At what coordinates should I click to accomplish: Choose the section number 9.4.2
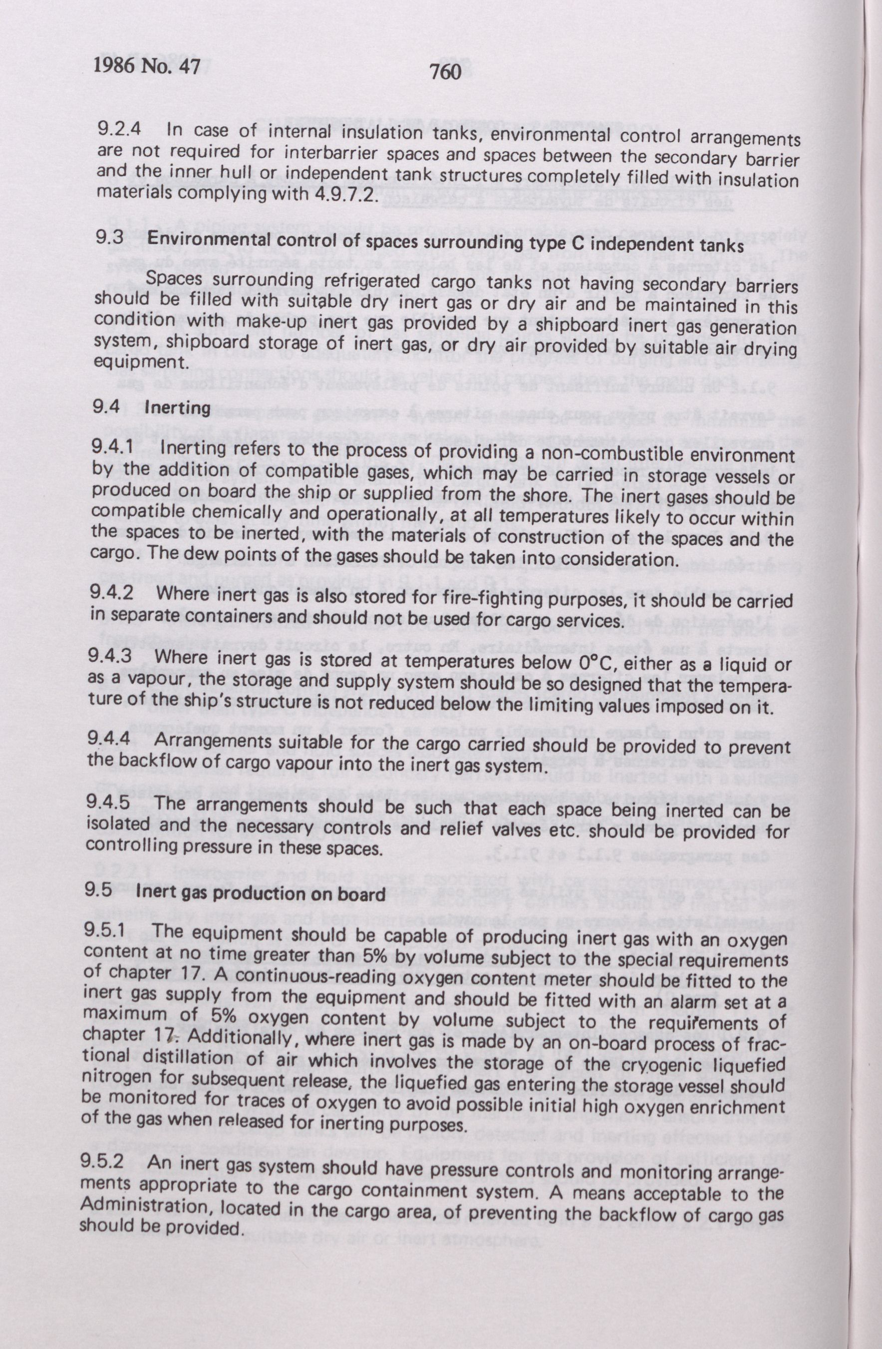click(x=112, y=593)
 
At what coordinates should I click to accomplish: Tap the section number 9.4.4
click(x=109, y=740)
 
